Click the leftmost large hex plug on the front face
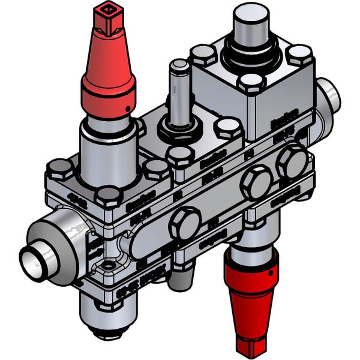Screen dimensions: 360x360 pos(184,224)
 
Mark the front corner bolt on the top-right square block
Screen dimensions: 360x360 pos(249,84)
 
